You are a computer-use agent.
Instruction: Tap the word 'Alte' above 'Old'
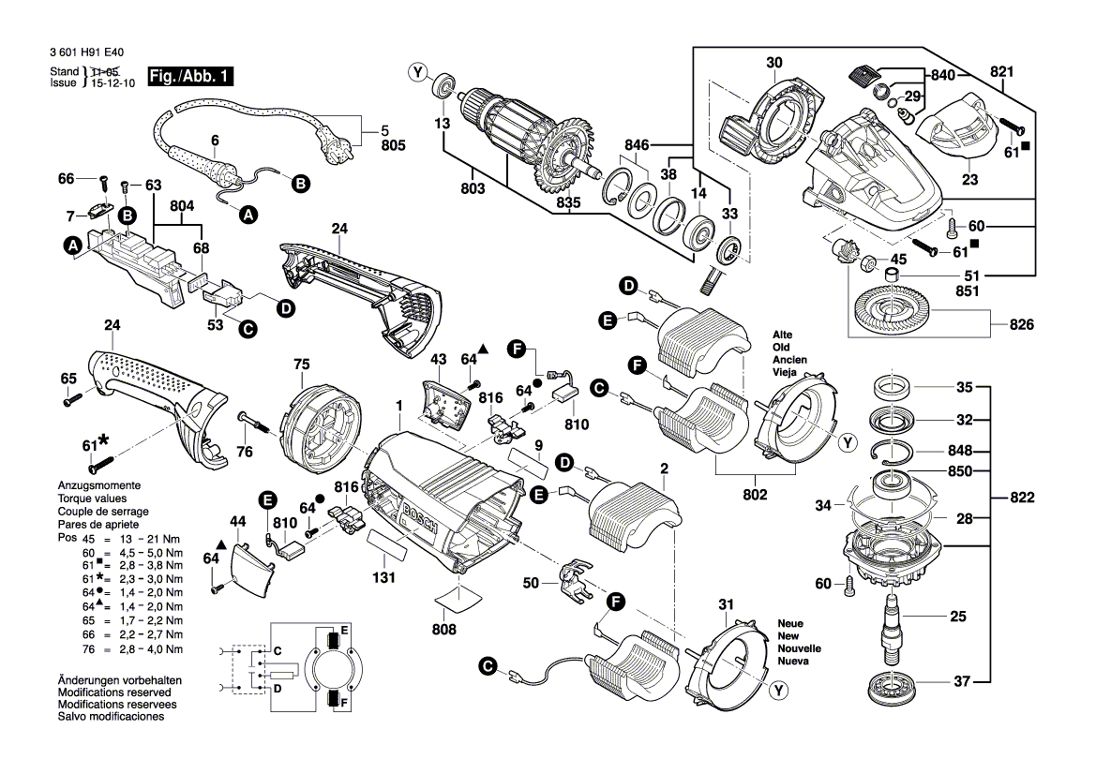(x=783, y=335)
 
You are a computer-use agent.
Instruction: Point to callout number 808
(x=444, y=630)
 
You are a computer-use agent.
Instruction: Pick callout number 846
(x=638, y=145)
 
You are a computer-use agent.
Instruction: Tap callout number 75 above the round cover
(x=301, y=365)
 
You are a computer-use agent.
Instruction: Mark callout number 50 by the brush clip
(x=532, y=584)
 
